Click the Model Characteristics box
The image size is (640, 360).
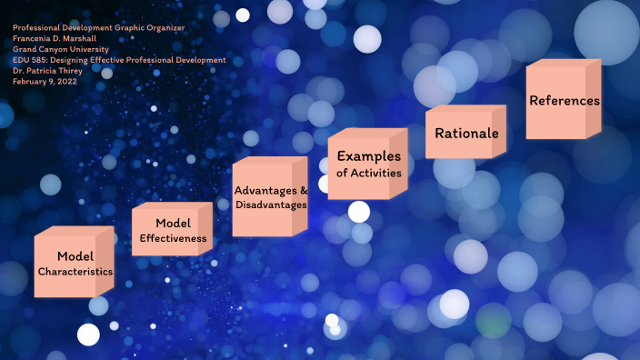pos(73,264)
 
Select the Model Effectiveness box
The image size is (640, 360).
pos(171,231)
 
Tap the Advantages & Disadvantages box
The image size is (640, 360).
pos(269,197)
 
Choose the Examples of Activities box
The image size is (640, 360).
pos(367,165)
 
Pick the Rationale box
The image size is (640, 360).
pos(465,133)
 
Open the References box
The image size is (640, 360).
pos(564,100)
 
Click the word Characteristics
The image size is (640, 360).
pos(75,272)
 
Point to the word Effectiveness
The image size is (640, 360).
pos(173,239)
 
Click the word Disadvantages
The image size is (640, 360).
pos(269,205)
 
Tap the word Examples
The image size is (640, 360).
pos(369,156)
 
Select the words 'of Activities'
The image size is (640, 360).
pos(368,173)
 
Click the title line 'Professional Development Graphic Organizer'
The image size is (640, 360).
pos(99,28)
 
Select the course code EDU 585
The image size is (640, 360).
pos(32,60)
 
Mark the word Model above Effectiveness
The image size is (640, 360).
pos(172,224)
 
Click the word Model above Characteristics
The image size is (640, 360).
pos(75,256)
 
